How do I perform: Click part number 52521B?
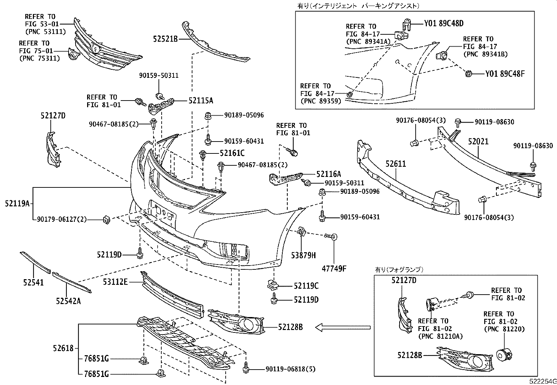pos(165,39)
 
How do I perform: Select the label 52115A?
pos(200,101)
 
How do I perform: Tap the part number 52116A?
pos(328,174)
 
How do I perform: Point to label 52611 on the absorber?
pos(396,164)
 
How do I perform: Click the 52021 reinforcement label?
pos(478,142)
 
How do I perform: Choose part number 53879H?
pos(303,256)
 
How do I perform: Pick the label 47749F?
pos(334,269)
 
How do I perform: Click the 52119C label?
pos(306,286)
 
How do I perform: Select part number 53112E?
pos(115,281)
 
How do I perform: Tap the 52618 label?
pos(63,348)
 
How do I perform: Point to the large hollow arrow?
pos(343,328)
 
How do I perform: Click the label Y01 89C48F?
pos(505,74)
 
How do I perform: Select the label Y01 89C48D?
pos(444,23)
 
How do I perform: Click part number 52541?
pos(34,282)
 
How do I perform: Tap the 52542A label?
pos(68,301)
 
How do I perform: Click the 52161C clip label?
pos(232,153)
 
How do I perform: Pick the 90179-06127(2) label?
pos(62,219)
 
